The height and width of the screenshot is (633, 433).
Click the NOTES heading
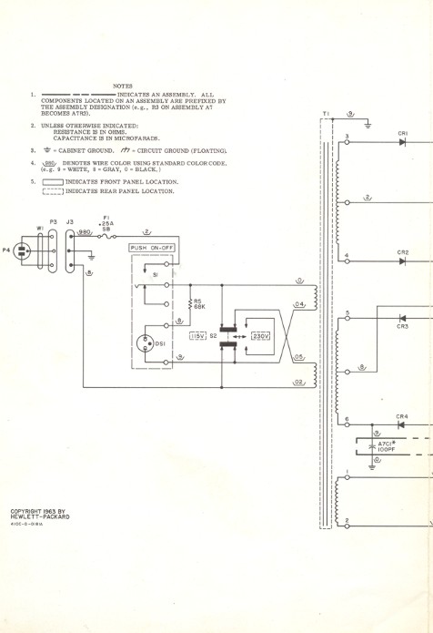(x=123, y=85)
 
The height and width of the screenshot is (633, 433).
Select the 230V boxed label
(x=263, y=336)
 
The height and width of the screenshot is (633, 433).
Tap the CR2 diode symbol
(x=402, y=261)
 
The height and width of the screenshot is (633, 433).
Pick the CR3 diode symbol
(x=402, y=319)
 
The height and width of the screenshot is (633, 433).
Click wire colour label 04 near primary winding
(x=298, y=304)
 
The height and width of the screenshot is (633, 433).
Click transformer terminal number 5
(x=347, y=312)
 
